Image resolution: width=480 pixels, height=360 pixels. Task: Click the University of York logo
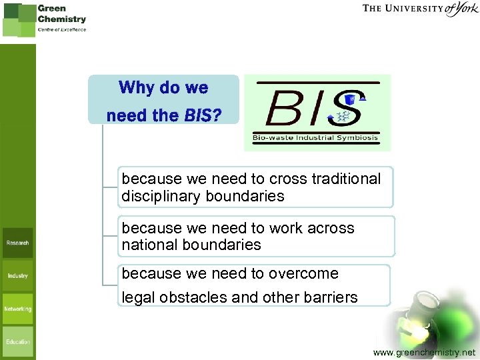tap(420, 9)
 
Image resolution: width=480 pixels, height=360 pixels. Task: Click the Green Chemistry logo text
tap(61, 14)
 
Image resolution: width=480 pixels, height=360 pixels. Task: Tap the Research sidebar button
tap(17, 243)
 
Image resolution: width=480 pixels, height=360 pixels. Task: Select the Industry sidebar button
tap(17, 275)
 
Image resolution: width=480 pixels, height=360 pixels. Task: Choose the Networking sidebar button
tap(17, 309)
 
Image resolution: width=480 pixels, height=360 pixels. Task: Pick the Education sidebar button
tap(17, 341)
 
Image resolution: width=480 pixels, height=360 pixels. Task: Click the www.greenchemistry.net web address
tap(425, 351)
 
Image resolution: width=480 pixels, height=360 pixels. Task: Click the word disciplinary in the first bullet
tap(162, 196)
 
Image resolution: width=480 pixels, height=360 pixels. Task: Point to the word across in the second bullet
tap(330, 228)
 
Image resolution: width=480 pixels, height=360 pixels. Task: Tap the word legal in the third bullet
tap(138, 297)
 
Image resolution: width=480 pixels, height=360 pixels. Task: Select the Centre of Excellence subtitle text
tap(61, 29)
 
